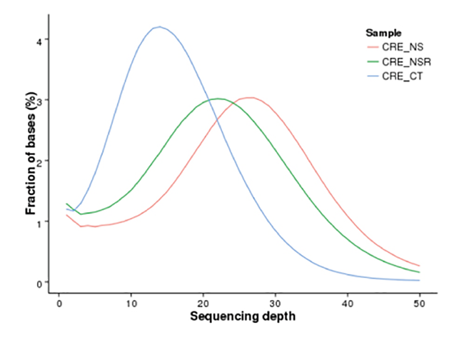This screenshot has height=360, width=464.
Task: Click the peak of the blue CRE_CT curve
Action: (159, 27)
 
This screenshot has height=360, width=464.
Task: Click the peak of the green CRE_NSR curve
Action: (218, 99)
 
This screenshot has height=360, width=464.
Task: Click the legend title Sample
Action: (383, 33)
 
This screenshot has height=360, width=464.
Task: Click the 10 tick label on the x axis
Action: (131, 303)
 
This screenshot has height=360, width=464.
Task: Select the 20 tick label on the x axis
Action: (203, 303)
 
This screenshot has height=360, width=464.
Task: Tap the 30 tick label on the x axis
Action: (276, 303)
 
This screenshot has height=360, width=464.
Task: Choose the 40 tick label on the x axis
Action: (348, 303)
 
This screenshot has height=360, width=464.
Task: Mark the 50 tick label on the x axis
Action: (420, 303)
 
